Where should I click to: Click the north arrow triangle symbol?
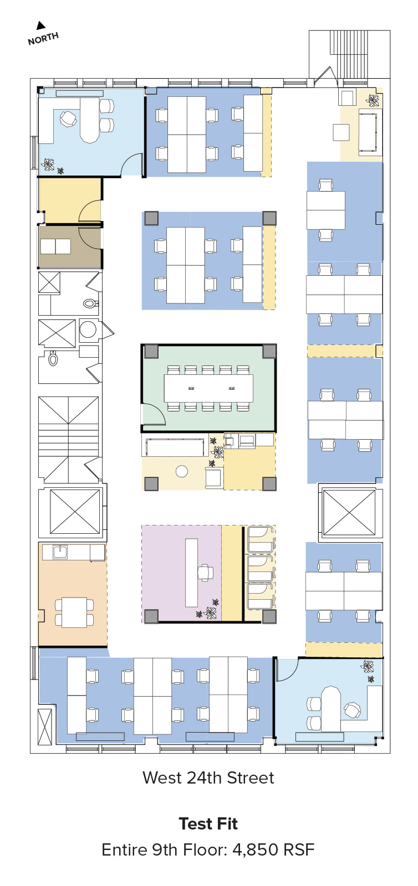pyautogui.click(x=40, y=25)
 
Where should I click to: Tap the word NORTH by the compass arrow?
pyautogui.click(x=43, y=38)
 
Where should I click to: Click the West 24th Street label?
pyautogui.click(x=208, y=777)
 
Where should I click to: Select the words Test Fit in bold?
pyautogui.click(x=208, y=823)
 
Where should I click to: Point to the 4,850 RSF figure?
pyautogui.click(x=273, y=849)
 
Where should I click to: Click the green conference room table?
pyautogui.click(x=208, y=388)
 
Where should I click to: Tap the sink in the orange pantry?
pyautogui.click(x=60, y=552)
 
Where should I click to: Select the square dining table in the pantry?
pyautogui.click(x=74, y=612)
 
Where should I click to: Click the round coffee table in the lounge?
pyautogui.click(x=182, y=471)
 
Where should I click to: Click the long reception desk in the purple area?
pyautogui.click(x=192, y=573)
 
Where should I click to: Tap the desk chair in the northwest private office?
pyautogui.click(x=68, y=119)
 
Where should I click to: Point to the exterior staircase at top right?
pyautogui.click(x=349, y=54)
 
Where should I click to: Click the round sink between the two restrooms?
pyautogui.click(x=88, y=329)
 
